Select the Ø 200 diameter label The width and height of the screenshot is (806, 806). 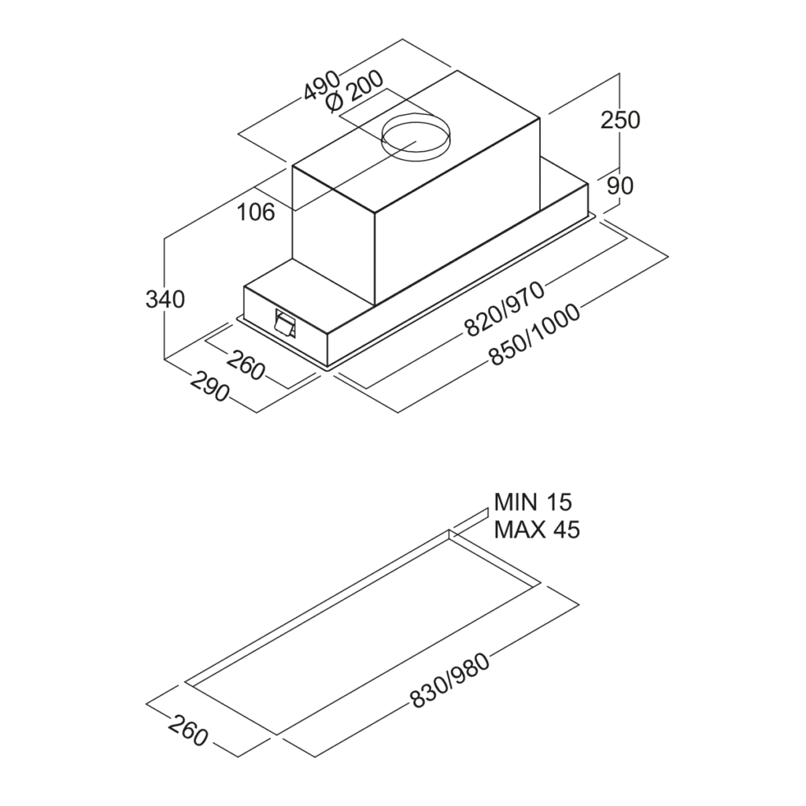(x=353, y=92)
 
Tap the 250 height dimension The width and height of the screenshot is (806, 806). (x=620, y=120)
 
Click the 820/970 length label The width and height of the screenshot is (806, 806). (x=504, y=309)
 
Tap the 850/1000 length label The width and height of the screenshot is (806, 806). (x=534, y=335)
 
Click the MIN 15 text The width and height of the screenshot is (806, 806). (x=533, y=501)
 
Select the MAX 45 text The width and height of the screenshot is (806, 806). (x=537, y=530)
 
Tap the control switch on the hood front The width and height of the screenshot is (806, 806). (x=285, y=324)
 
